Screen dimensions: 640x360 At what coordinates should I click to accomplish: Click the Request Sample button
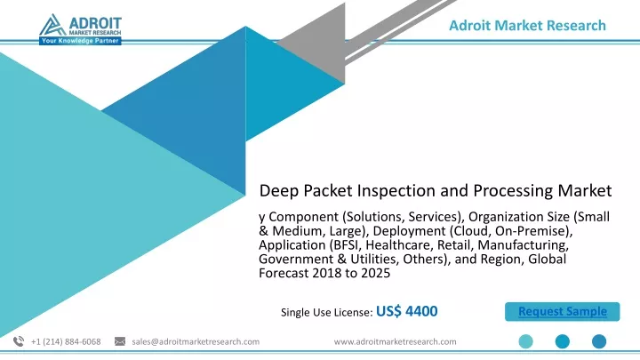pyautogui.click(x=562, y=311)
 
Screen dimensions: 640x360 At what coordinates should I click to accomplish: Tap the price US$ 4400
pyautogui.click(x=406, y=311)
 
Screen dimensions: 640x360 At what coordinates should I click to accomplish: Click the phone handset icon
pyautogui.click(x=19, y=341)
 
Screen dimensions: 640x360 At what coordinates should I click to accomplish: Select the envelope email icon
pyautogui.click(x=120, y=341)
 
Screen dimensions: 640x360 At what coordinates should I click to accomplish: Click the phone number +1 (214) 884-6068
pyautogui.click(x=66, y=341)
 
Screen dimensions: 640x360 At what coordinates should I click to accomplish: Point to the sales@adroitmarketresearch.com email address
pyautogui.click(x=196, y=341)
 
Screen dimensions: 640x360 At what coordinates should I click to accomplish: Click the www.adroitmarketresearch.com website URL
pyautogui.click(x=395, y=341)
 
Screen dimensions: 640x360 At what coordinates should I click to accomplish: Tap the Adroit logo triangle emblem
pyautogui.click(x=52, y=25)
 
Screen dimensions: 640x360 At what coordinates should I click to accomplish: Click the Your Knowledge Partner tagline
pyautogui.click(x=80, y=41)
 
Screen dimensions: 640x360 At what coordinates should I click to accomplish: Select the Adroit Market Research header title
pyautogui.click(x=527, y=25)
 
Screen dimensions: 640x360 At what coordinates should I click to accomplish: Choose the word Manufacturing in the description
pyautogui.click(x=523, y=245)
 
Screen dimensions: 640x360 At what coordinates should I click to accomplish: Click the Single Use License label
pyautogui.click(x=326, y=312)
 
